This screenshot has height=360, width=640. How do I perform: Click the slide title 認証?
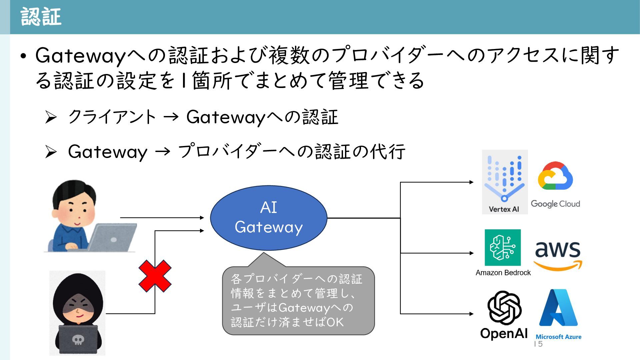click(x=41, y=17)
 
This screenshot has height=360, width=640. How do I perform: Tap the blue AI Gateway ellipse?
click(x=269, y=218)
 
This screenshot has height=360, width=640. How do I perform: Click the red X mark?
click(x=155, y=276)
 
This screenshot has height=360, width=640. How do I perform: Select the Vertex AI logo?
click(x=505, y=182)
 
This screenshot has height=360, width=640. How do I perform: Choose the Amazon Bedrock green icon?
click(x=503, y=248)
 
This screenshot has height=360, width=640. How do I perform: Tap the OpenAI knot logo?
click(x=504, y=308)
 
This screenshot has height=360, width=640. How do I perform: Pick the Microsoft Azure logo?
click(x=558, y=308)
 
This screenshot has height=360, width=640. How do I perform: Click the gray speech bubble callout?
click(x=298, y=300)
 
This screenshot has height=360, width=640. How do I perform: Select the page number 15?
click(x=538, y=344)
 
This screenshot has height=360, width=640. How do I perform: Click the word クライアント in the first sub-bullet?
click(x=112, y=117)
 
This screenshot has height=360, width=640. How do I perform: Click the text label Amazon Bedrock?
click(x=503, y=273)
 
